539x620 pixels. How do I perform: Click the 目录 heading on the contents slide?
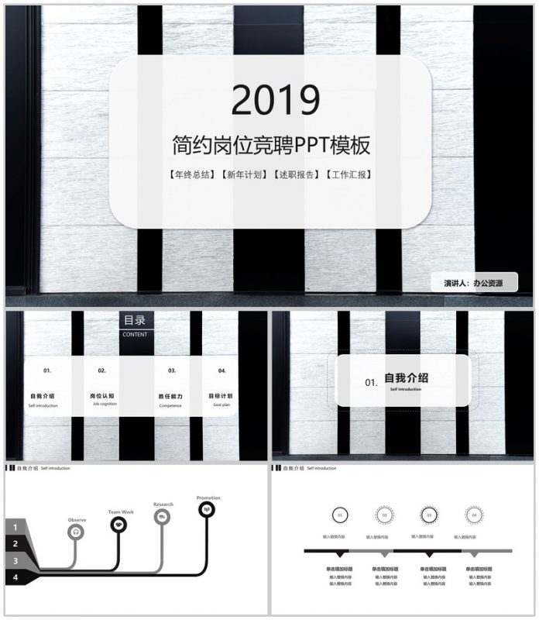[x=135, y=320]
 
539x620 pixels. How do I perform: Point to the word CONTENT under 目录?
[x=135, y=335]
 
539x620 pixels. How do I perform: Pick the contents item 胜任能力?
[x=170, y=395]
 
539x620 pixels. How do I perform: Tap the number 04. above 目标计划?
[x=222, y=370]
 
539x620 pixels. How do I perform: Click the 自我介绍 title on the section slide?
[x=407, y=378]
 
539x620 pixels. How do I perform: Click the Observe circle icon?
[x=76, y=532]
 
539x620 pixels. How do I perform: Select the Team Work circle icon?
[x=119, y=525]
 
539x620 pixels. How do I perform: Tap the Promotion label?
[x=208, y=498]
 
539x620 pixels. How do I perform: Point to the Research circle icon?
[x=163, y=517]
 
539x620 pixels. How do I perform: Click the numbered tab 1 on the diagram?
[x=15, y=527]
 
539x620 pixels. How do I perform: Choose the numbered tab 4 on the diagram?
[x=15, y=577]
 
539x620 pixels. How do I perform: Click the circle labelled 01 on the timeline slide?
[x=338, y=515]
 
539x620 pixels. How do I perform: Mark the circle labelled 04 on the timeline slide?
[x=473, y=515]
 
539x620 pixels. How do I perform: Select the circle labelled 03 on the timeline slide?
[x=428, y=515]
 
